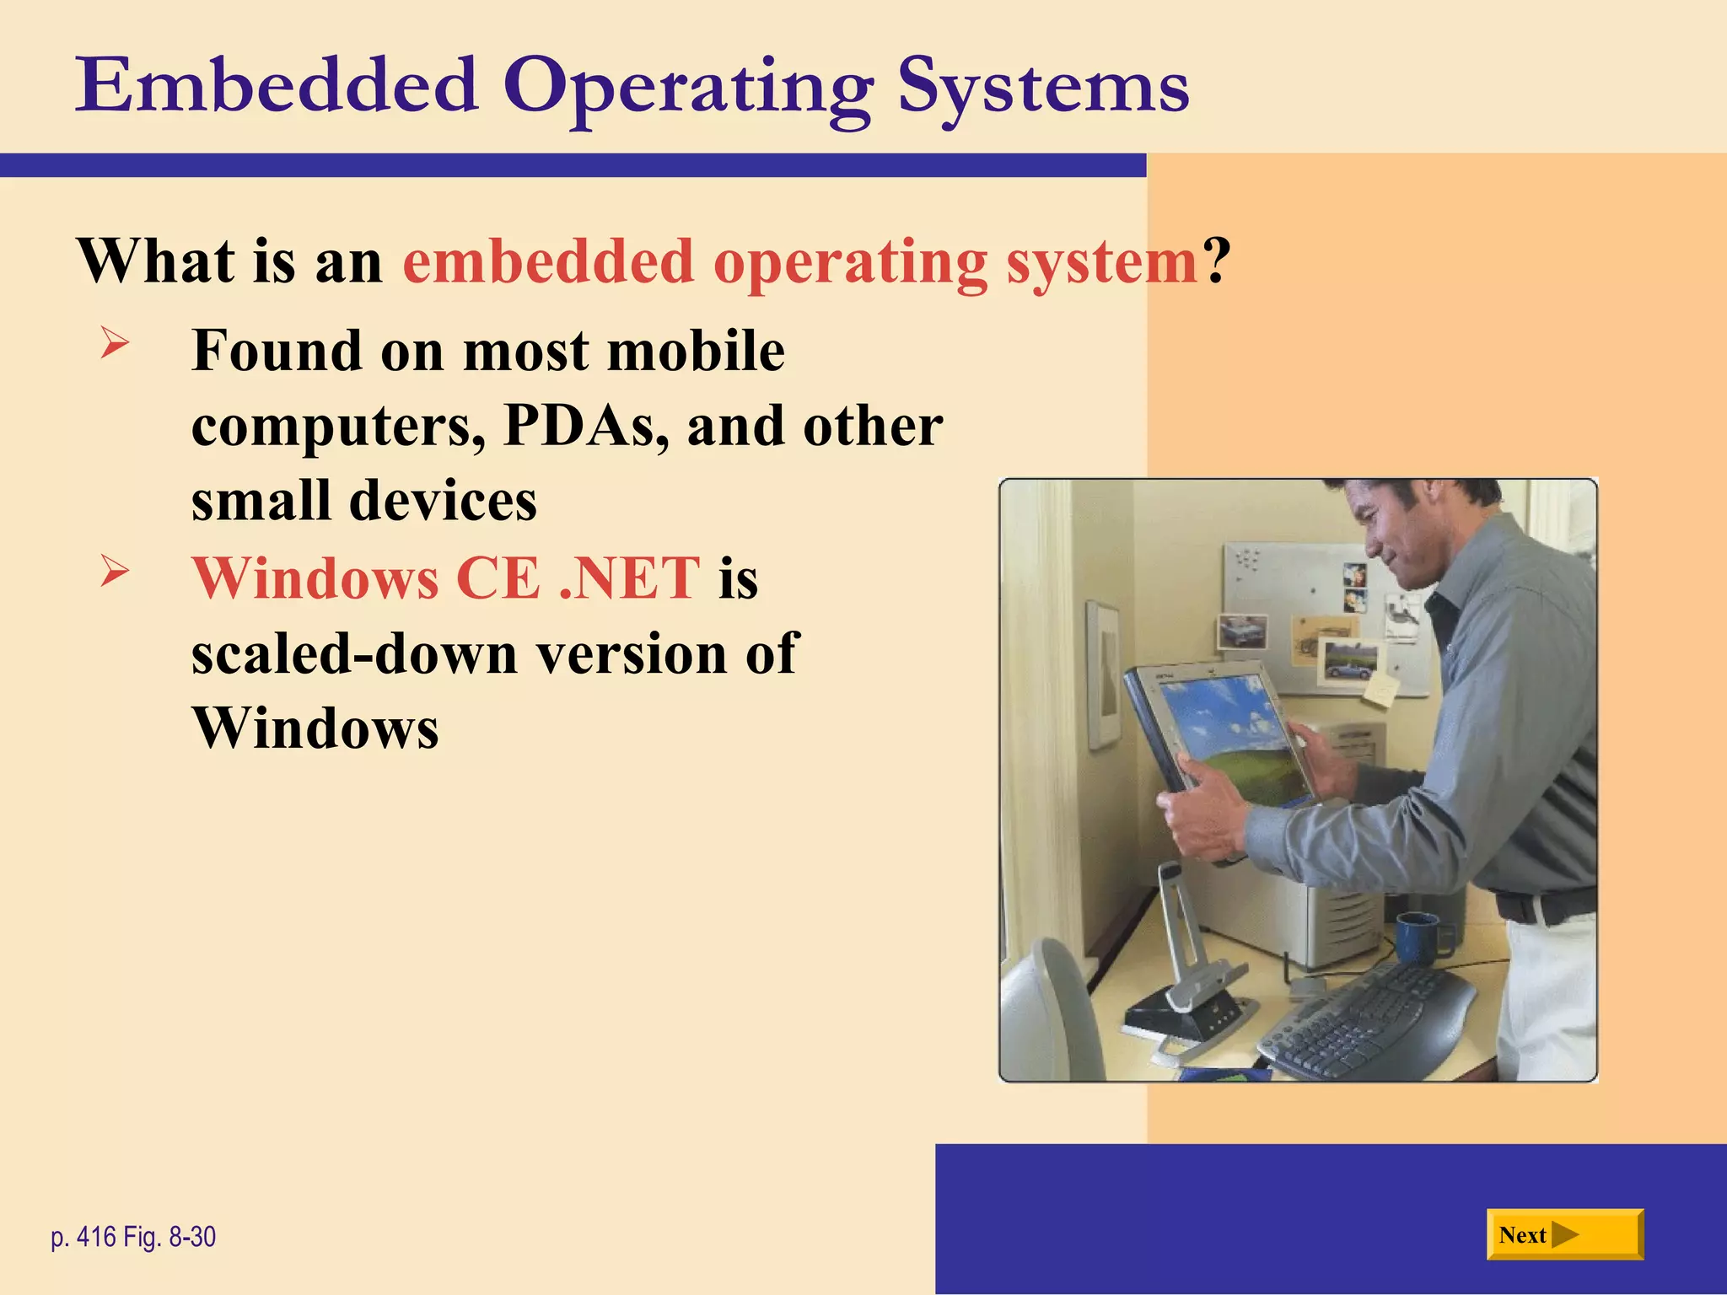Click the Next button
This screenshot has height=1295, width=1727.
[x=1564, y=1234]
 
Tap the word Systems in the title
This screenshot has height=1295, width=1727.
[x=1042, y=88]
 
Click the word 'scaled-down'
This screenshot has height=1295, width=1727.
[x=354, y=653]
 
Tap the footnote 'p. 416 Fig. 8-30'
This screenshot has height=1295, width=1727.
[x=133, y=1237]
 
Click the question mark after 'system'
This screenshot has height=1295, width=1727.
[x=1215, y=261]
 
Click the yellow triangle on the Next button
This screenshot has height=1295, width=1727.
[x=1564, y=1235]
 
